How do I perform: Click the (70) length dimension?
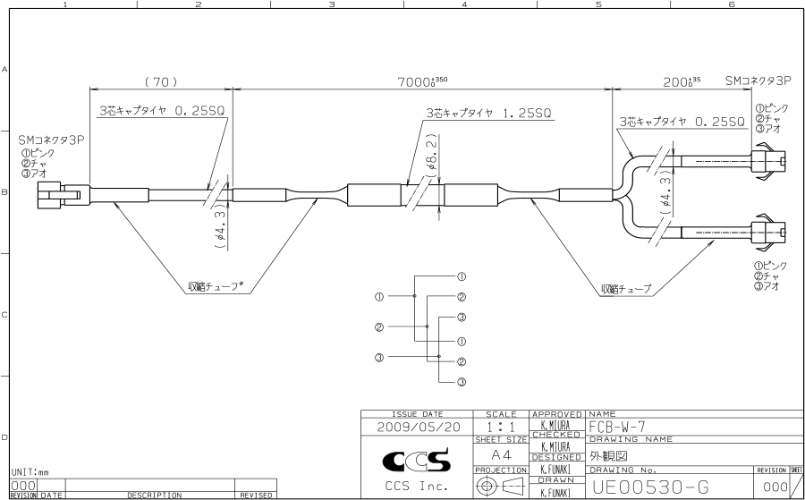click(x=161, y=81)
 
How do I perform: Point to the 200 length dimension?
click(x=681, y=81)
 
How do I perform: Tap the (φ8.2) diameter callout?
click(x=431, y=157)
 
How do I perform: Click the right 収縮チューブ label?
click(x=626, y=289)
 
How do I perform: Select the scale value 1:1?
click(x=500, y=428)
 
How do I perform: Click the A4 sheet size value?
click(x=500, y=454)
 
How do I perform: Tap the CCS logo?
click(x=417, y=461)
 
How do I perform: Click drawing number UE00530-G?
click(x=650, y=487)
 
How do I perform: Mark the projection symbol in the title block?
click(x=501, y=486)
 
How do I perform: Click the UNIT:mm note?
click(x=30, y=470)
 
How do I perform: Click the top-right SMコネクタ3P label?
click(x=758, y=81)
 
